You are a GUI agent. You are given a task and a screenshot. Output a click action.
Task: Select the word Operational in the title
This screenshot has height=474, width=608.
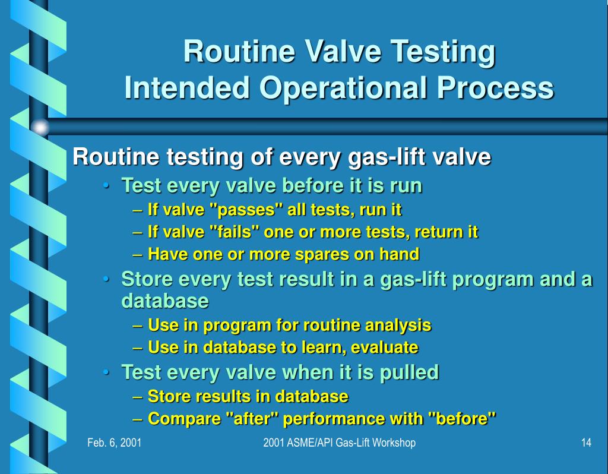344,89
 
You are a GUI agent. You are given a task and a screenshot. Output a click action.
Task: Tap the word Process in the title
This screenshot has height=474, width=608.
495,89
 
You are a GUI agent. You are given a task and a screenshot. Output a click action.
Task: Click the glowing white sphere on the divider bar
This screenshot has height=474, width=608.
40,127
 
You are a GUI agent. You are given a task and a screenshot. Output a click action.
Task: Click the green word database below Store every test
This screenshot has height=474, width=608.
164,301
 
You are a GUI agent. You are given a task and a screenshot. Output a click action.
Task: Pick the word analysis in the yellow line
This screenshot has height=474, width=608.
398,326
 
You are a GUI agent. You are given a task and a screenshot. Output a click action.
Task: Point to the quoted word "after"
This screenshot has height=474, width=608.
252,419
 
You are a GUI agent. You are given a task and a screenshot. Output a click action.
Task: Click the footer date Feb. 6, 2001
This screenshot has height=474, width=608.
114,443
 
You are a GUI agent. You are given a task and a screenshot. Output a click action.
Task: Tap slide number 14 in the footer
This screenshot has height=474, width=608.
586,443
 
